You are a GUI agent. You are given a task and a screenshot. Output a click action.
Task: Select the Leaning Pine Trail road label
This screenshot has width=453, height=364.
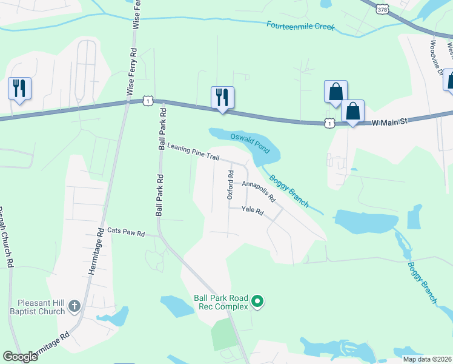coord(193,152)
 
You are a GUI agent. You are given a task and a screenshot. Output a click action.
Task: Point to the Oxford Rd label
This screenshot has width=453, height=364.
coord(230,185)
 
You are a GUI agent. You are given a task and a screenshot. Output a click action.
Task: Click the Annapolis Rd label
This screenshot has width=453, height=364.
coord(259,191)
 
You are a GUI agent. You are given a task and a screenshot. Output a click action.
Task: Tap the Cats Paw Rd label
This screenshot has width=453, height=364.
coord(126,232)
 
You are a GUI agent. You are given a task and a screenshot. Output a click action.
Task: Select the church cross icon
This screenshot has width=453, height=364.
coord(74,306)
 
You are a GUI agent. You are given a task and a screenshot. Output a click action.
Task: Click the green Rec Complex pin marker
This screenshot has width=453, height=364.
coord(257,301)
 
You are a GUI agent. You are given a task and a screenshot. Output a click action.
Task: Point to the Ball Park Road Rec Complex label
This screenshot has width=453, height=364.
coord(221,302)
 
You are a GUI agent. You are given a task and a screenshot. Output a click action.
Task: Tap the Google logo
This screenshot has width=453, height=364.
coord(21,357)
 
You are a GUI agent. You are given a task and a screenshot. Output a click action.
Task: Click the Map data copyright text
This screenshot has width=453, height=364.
coord(427,359)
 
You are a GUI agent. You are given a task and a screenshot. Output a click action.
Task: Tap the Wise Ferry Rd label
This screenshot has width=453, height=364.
coord(131,64)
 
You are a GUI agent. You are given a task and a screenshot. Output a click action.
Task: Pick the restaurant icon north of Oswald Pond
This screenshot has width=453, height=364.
coord(222,96)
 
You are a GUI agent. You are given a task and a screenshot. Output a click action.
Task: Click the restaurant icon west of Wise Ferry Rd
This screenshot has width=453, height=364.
coord(19,89)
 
